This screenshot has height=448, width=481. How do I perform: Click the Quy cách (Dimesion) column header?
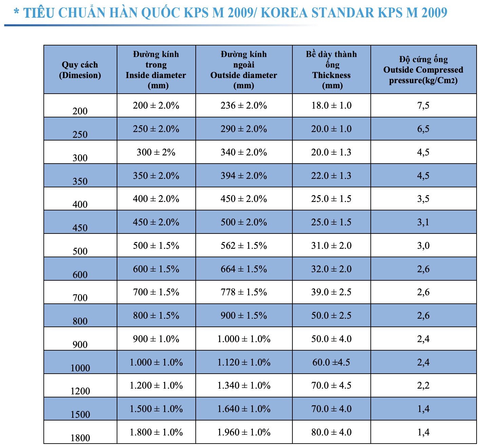pos(80,70)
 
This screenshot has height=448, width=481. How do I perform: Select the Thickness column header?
pos(331,70)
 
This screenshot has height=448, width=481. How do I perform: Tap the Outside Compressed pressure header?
pos(423,70)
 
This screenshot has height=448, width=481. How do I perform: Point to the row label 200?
pos(80,111)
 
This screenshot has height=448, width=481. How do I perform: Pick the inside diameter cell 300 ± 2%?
pos(156,152)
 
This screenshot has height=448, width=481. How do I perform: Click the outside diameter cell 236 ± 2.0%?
pos(244,106)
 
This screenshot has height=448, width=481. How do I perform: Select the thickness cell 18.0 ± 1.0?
pos(331,106)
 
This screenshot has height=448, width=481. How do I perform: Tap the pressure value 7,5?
pos(423,106)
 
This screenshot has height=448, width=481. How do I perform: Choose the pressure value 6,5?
pos(423,129)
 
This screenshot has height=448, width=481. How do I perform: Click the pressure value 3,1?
pos(423,222)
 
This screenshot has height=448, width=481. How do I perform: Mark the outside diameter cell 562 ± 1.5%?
pos(244,246)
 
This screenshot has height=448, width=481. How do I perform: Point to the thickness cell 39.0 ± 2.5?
pos(331,292)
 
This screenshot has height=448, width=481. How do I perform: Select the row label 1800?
pos(80,438)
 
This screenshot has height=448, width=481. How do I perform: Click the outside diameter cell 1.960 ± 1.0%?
pos(244,432)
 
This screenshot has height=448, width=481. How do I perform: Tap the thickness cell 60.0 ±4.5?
pos(331,362)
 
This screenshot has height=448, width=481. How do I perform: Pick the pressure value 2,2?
pos(423,386)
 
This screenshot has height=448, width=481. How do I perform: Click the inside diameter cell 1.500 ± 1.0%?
pos(156,409)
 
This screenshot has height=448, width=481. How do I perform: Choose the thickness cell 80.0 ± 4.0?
pos(331,432)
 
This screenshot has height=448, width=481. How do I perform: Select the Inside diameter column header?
pos(156,70)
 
